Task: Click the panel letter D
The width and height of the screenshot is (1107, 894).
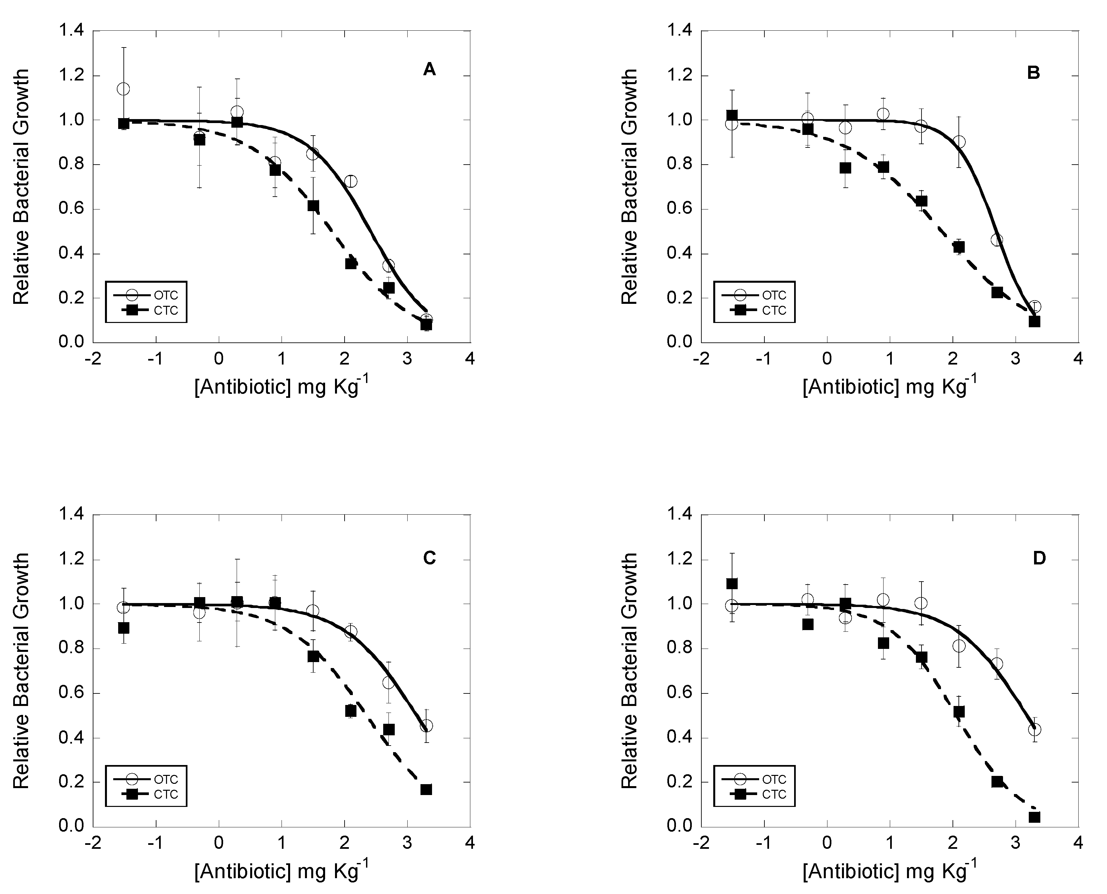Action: tap(1039, 558)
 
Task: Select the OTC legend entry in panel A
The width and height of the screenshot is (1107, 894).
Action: tap(146, 295)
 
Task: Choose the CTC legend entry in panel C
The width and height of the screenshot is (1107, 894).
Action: tap(146, 795)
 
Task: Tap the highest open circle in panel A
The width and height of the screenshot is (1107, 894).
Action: tap(123, 89)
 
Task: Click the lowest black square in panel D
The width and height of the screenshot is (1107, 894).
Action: tap(1034, 817)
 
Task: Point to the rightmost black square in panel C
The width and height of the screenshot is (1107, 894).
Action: tap(426, 789)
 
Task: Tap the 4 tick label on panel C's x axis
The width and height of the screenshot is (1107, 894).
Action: tap(470, 843)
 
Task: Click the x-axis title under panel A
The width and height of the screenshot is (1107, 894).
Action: tap(282, 386)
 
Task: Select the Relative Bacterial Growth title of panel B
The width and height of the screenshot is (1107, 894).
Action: tap(629, 186)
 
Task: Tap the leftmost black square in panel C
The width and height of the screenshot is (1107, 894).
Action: tap(124, 628)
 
